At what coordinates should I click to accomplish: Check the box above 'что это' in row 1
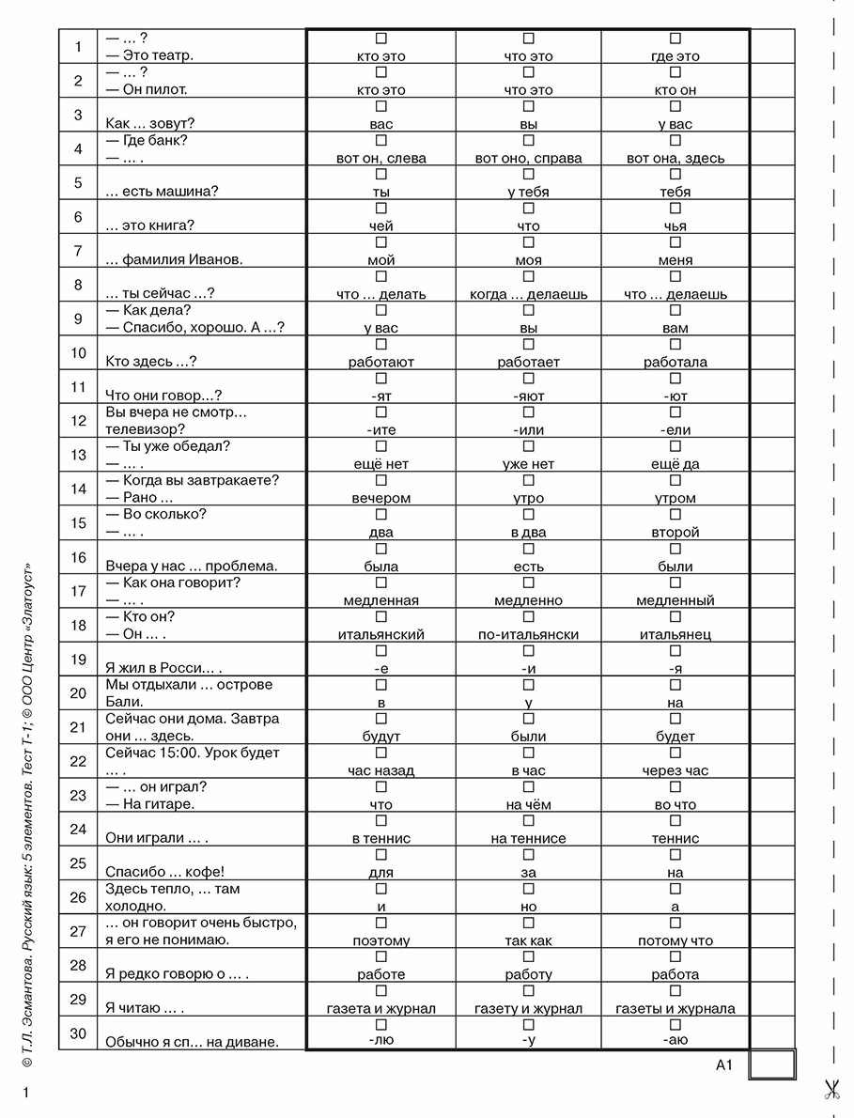pos(528,39)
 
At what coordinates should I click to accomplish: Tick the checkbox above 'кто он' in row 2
pos(675,72)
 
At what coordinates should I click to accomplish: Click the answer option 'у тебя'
pos(528,193)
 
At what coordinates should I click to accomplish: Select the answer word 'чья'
pos(675,226)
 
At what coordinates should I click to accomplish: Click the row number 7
pos(78,251)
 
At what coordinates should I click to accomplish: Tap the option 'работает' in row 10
pos(528,362)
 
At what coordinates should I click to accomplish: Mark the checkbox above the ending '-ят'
pos(381,379)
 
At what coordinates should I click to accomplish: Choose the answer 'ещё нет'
pos(381,464)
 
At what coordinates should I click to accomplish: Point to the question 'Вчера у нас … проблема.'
pos(192,567)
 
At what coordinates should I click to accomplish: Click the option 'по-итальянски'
pos(528,634)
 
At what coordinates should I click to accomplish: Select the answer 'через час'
pos(675,770)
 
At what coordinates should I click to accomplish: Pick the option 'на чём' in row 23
pos(528,804)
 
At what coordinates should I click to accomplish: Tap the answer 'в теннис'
pos(381,838)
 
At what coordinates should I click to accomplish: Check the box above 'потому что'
pos(675,923)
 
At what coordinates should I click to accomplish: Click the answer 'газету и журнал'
pos(528,1009)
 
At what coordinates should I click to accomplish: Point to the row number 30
pos(78,1033)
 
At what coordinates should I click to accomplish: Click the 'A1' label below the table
pos(723,1064)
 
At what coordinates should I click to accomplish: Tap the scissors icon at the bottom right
pos(831,1089)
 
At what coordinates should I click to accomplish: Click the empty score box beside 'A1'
pos(772,1065)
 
